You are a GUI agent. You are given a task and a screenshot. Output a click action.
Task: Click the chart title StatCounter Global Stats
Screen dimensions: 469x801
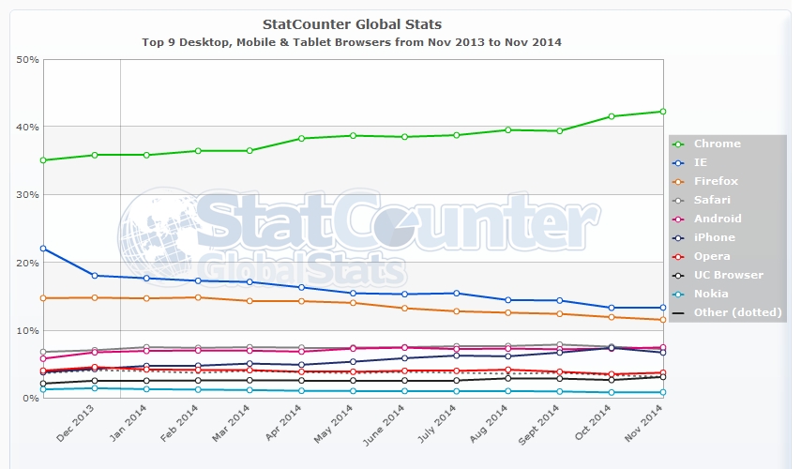353,23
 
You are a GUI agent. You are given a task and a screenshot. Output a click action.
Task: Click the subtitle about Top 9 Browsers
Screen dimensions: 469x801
352,42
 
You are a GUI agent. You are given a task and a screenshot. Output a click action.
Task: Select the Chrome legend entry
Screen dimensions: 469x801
717,144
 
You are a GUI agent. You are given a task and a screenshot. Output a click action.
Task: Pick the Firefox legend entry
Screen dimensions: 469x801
716,181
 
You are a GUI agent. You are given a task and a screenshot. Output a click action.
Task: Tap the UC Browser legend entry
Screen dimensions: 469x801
728,275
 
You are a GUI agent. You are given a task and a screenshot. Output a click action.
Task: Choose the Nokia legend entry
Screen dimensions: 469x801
711,294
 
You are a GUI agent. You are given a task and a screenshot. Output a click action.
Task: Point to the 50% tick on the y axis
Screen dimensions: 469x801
27,59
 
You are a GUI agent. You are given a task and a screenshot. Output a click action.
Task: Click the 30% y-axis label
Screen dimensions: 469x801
27,195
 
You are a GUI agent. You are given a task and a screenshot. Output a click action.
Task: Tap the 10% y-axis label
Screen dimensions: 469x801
27,331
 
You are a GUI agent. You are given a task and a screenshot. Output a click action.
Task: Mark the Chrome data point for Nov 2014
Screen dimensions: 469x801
663,112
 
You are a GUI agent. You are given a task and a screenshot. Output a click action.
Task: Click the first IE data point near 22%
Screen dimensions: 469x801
43,249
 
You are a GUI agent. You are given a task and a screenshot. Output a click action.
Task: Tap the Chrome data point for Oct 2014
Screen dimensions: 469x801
612,116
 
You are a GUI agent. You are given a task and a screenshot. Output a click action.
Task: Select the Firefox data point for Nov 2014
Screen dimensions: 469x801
663,320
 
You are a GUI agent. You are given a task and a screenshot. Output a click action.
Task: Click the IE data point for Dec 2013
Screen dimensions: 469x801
95,276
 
